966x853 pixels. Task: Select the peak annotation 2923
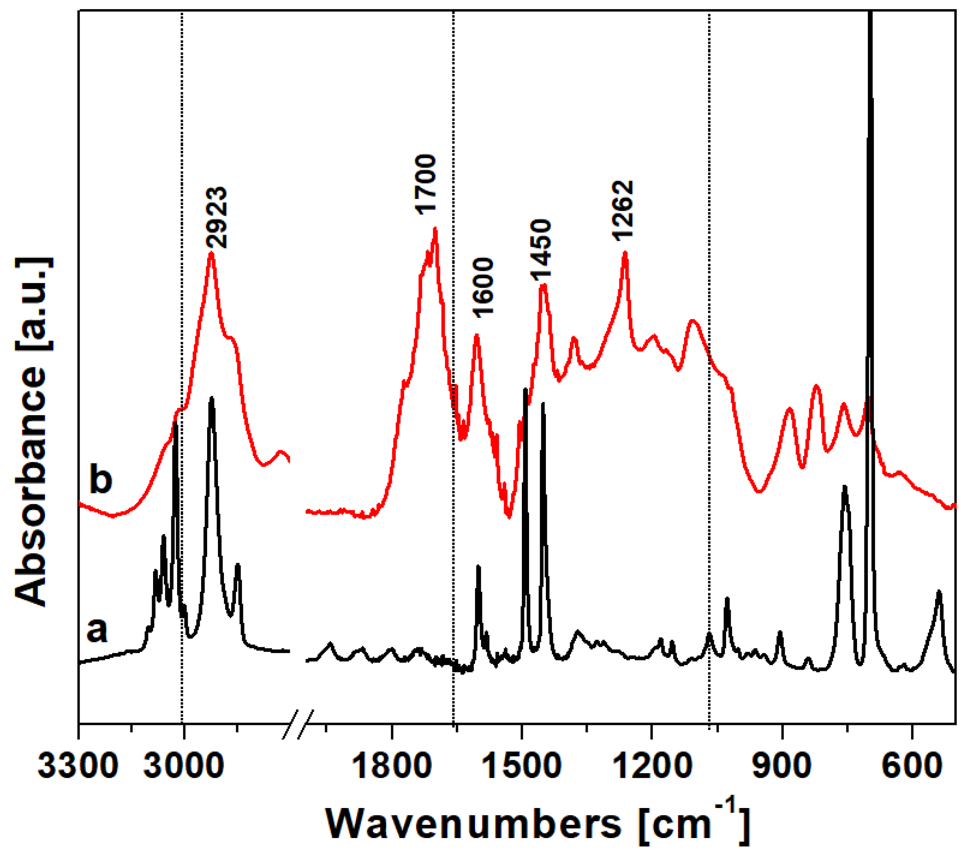point(218,218)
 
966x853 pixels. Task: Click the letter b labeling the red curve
point(101,480)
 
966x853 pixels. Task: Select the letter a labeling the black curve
point(97,630)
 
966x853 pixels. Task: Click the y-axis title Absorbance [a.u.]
point(33,431)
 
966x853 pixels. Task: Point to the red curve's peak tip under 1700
point(435,229)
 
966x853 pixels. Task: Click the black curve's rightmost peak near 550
point(939,592)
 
